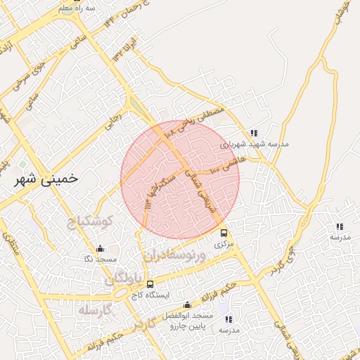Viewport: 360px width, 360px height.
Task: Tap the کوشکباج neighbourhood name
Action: point(91,224)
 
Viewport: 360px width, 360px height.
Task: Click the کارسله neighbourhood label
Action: point(96,310)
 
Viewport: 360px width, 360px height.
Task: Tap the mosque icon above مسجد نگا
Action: point(100,248)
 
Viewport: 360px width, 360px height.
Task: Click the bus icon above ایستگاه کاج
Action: point(150,284)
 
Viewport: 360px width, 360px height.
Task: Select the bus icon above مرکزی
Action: point(224,233)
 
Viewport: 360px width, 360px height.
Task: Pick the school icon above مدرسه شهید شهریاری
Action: point(254,132)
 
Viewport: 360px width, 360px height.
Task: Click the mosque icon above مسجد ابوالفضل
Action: point(187,305)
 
